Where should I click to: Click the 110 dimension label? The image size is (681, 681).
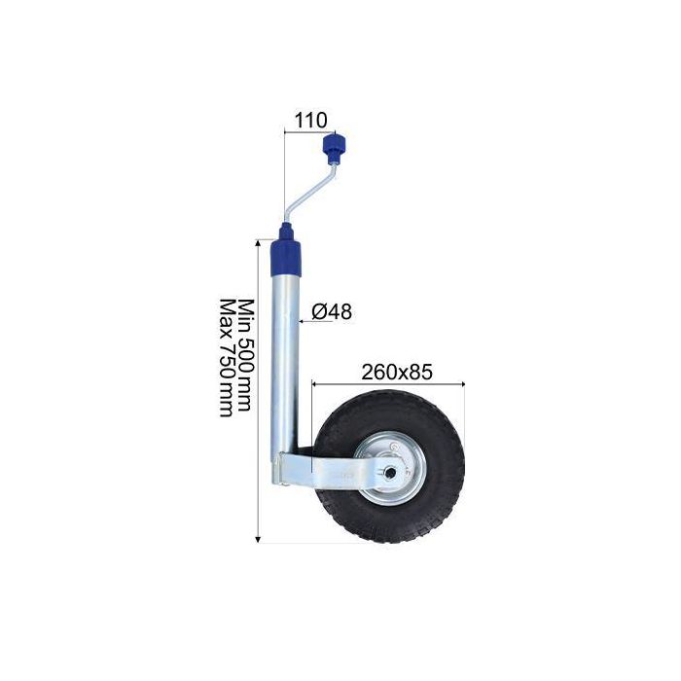point(311,121)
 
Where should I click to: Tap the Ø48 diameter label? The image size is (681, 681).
point(332,311)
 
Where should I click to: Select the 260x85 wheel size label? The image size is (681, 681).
point(397,372)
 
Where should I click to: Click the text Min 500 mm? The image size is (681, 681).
point(245,355)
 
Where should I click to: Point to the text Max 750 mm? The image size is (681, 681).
point(227,358)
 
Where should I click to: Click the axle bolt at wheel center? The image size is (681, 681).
point(389,472)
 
